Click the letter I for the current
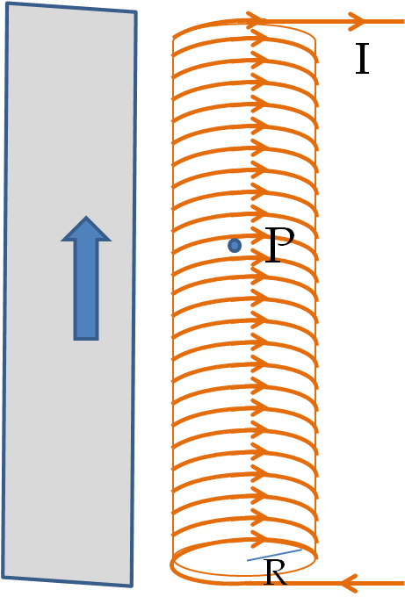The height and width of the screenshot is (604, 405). coord(362,59)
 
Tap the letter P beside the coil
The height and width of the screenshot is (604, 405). coord(279,245)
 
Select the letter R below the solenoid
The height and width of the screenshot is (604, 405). coord(275,572)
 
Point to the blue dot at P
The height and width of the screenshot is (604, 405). coord(235,246)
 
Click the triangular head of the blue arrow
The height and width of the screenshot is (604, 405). coord(86,230)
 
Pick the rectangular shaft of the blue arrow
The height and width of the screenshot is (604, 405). coord(86,291)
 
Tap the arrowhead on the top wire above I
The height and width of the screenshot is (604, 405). coord(357,21)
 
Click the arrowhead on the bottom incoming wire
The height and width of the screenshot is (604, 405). coord(350,583)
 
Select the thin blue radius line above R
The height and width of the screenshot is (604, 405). coord(274,555)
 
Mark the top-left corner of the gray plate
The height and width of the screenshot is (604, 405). coord(7,4)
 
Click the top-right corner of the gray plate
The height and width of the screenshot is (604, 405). coord(135,12)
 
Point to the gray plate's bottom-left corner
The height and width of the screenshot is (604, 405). coord(4,577)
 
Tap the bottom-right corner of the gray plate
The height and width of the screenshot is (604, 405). coord(132,586)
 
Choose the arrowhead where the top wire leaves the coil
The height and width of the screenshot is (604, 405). coord(257,19)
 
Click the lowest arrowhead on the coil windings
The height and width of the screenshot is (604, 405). coord(259,539)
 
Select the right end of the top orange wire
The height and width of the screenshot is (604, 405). coord(403,22)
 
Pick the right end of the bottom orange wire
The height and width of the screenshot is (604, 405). coord(403,583)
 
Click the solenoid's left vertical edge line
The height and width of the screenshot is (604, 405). coord(173,300)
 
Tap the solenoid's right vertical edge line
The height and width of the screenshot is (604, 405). coord(316,300)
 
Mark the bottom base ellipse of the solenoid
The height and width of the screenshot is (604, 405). coord(244,576)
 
